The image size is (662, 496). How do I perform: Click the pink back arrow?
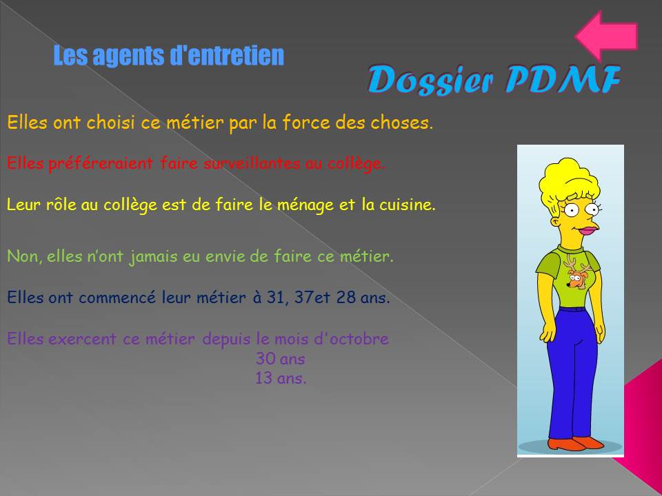606,36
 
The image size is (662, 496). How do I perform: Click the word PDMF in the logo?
563,79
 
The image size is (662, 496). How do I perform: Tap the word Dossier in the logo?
430,80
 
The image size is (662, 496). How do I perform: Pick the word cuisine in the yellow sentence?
407,205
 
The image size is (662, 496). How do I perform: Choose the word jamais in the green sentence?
153,257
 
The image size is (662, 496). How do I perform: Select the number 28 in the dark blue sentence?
346,298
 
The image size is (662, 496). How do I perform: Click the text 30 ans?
281,359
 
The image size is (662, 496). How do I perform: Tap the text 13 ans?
281,378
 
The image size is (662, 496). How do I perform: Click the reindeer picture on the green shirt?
576,273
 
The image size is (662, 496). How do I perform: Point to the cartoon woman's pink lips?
588,231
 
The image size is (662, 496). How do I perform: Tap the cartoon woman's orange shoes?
576,443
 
